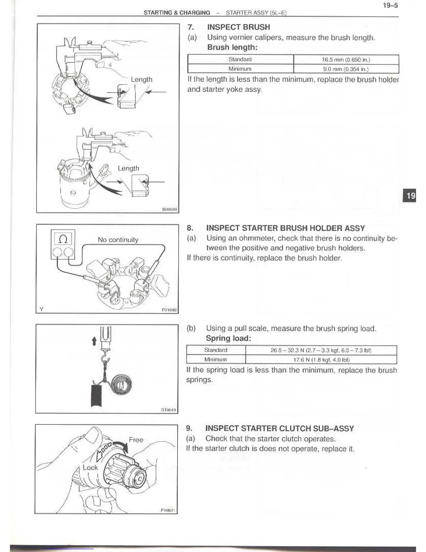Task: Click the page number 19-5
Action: [x=390, y=6]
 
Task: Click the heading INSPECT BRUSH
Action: [x=238, y=27]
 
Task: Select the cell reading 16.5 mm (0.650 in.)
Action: [x=346, y=60]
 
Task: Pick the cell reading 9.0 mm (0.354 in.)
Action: [x=346, y=69]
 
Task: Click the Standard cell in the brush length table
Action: [x=240, y=60]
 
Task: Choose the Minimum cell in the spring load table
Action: [x=215, y=359]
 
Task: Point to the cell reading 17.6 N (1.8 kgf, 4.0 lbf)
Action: [x=321, y=359]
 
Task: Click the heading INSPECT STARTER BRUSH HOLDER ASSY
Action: [x=285, y=228]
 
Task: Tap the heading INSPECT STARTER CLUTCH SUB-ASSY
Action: [x=279, y=429]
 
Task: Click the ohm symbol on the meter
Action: [x=63, y=239]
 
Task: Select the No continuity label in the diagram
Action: [x=118, y=240]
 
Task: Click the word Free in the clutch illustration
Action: [x=136, y=440]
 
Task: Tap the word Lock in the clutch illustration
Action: [x=90, y=468]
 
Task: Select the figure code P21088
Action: [x=169, y=309]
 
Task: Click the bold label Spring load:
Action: [x=228, y=338]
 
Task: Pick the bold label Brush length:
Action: [x=232, y=47]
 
